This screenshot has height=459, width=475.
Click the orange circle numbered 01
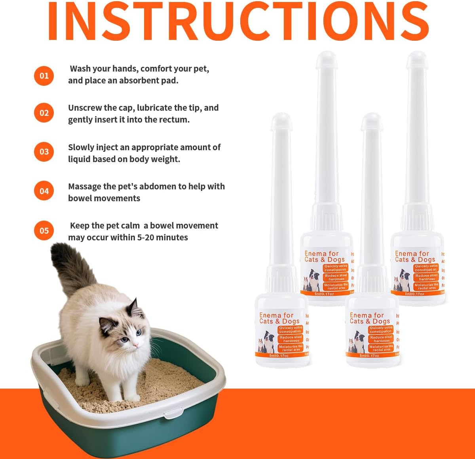coord(44,76)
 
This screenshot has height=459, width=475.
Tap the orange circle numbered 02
coord(44,113)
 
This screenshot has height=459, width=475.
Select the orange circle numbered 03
coord(44,152)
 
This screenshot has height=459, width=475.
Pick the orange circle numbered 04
coord(44,191)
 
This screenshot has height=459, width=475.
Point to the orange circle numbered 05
coord(44,230)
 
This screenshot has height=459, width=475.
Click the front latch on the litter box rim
coord(175,414)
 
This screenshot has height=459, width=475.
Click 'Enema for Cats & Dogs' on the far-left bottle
coord(276,318)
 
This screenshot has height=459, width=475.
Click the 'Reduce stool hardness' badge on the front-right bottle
coord(382,339)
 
